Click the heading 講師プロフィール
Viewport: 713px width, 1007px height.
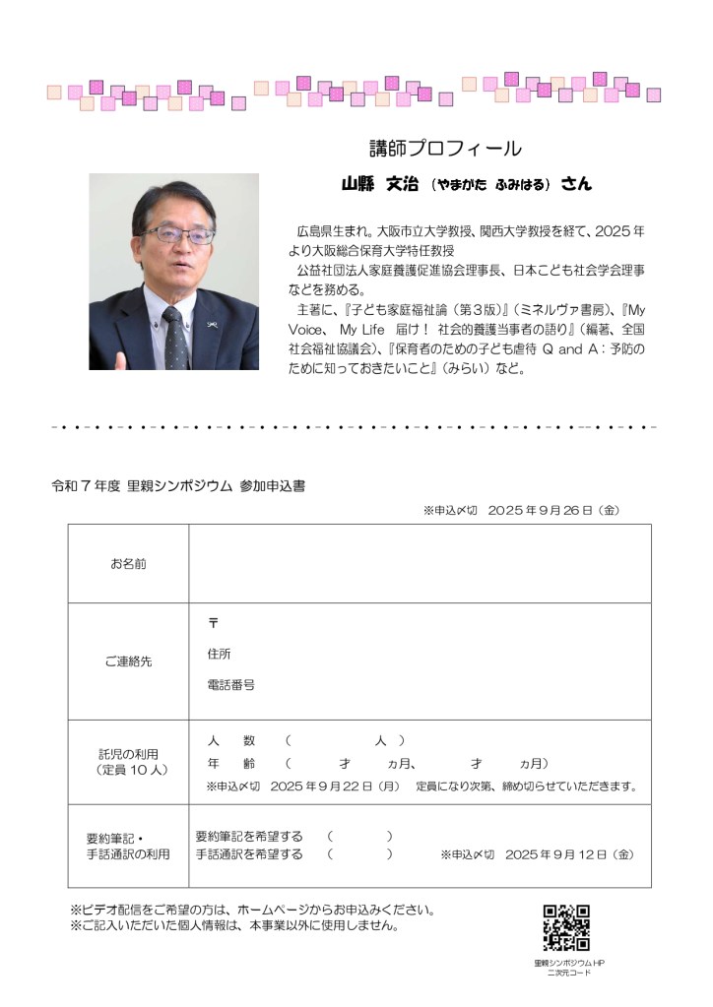[x=445, y=149]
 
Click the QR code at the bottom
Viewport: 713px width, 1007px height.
[x=566, y=927]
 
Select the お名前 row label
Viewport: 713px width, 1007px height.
[x=128, y=564]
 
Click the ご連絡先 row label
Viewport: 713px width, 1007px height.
[x=128, y=661]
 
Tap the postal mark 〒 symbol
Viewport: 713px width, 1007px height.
[x=213, y=624]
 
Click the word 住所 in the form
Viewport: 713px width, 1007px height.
[x=219, y=654]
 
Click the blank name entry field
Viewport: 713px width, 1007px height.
[x=420, y=564]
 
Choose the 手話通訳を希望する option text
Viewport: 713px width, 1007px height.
[x=249, y=854]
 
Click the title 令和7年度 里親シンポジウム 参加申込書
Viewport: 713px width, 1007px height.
[x=178, y=486]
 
